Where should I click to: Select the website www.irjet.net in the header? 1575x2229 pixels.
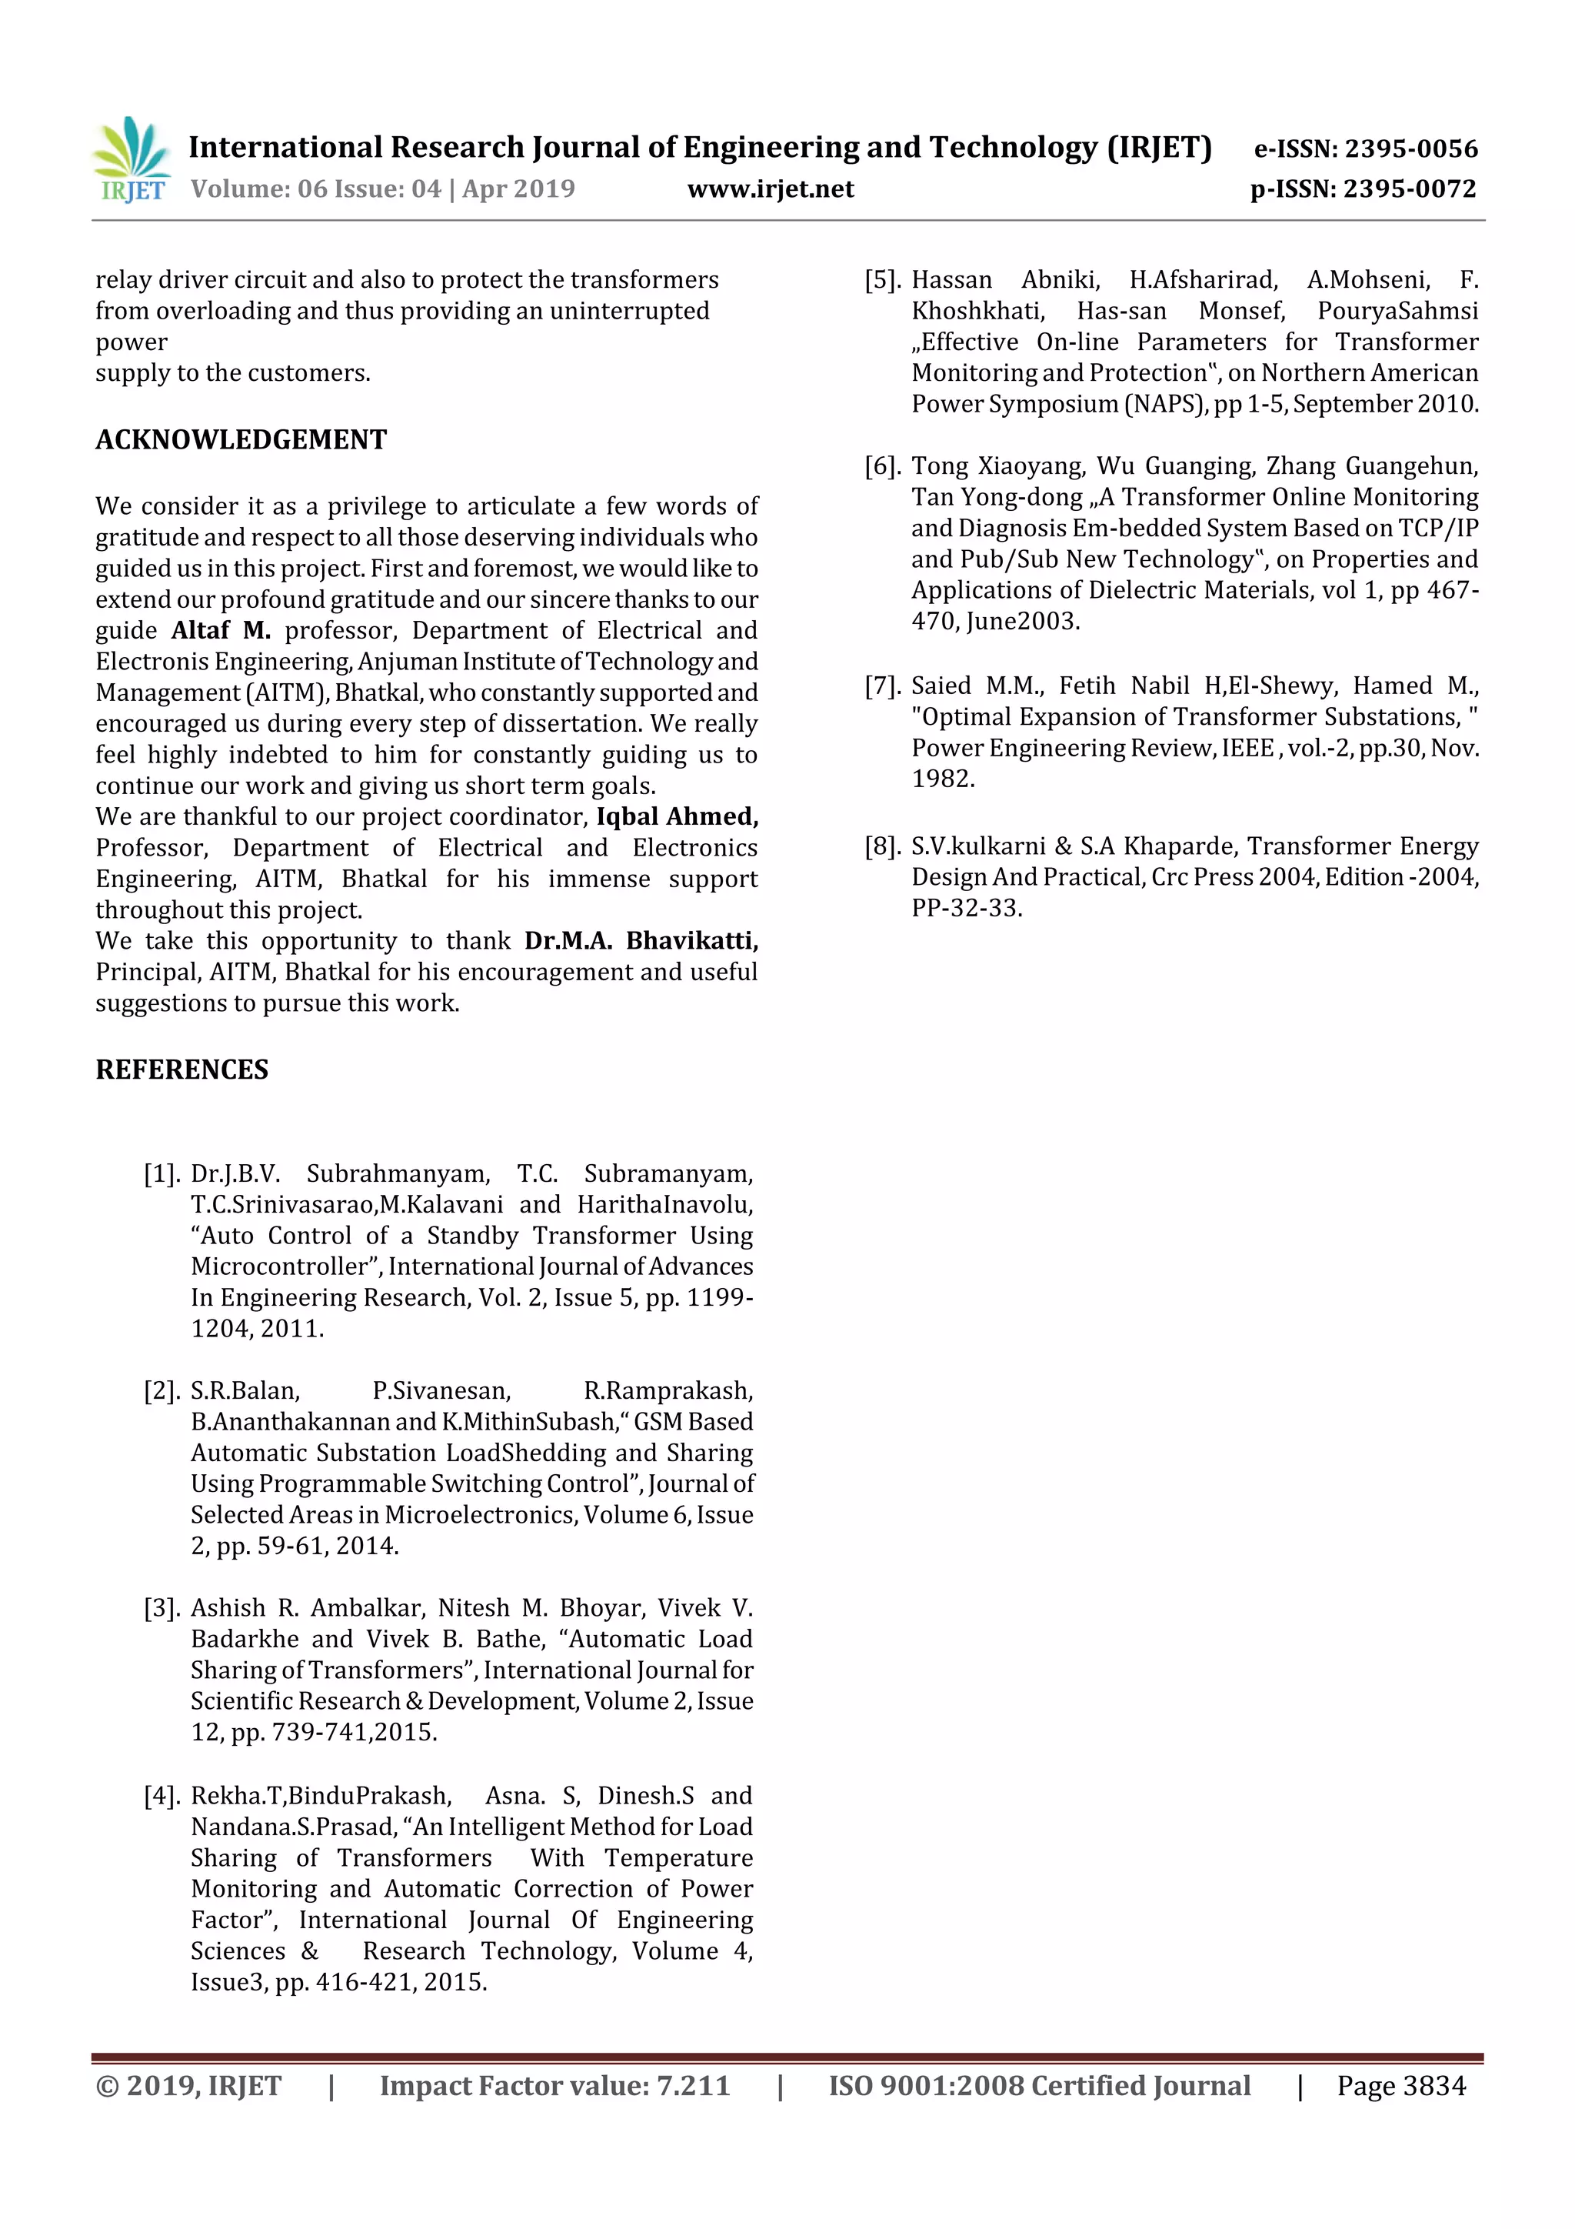(x=771, y=189)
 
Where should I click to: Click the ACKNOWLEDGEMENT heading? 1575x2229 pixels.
(x=241, y=440)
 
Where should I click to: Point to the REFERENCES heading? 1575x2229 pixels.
(x=181, y=1069)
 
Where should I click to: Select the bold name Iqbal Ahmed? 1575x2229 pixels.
(x=677, y=816)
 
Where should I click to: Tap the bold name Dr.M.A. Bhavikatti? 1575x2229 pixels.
(x=641, y=941)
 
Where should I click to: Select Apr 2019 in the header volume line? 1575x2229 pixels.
(x=518, y=189)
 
